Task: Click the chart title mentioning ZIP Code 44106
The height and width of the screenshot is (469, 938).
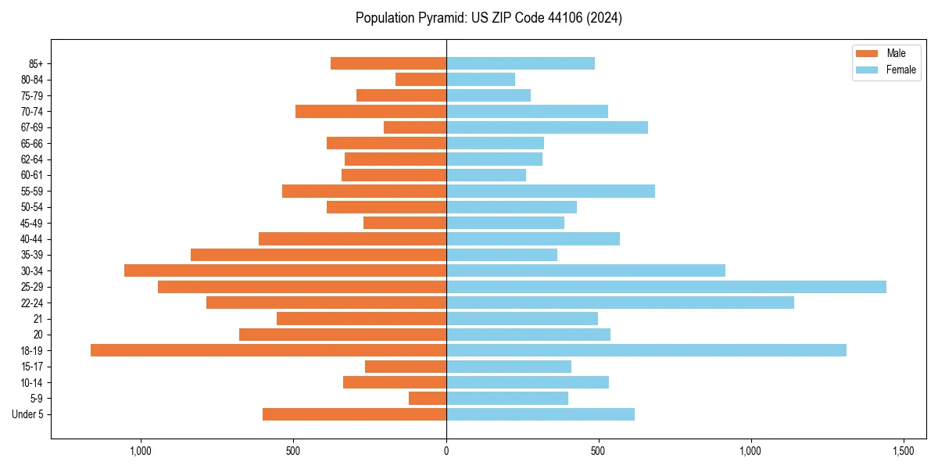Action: coord(489,18)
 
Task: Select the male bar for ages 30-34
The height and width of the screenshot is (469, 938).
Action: coord(285,270)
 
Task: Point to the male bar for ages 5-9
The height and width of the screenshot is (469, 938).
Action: coord(428,399)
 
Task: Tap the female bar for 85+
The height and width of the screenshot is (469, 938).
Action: coord(521,63)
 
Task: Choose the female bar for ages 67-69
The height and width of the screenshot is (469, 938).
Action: coord(547,127)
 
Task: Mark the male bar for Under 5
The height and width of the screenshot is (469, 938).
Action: coord(354,414)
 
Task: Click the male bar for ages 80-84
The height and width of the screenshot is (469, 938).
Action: coord(421,79)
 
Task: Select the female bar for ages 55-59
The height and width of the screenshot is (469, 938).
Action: coord(550,191)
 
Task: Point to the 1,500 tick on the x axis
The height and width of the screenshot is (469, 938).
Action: coord(903,451)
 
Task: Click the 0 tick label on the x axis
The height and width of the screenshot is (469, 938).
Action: coord(446,451)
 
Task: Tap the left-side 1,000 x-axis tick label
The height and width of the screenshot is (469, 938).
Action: coord(141,451)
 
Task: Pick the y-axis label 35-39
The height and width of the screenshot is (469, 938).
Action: coord(32,255)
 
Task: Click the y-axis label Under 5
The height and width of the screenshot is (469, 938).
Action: coord(28,414)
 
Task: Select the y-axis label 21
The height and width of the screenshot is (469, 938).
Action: coord(38,319)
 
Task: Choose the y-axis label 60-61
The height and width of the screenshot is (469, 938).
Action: coord(32,175)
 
